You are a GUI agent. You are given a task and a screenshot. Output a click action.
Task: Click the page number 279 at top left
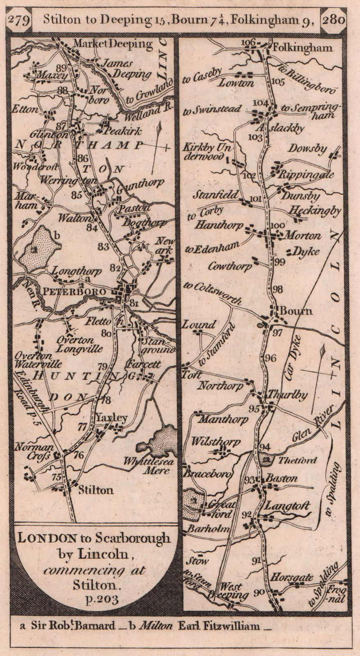[x=19, y=20]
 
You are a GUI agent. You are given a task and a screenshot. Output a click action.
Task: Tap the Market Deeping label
[x=112, y=43]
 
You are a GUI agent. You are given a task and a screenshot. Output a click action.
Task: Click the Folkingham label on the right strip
[x=302, y=48]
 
